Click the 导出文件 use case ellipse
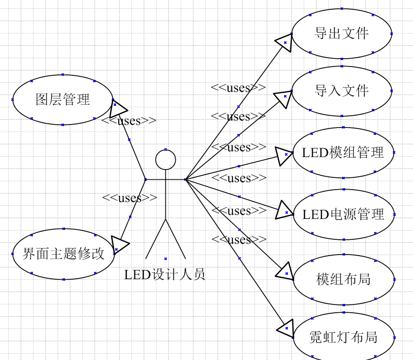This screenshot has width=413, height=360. pyautogui.click(x=342, y=33)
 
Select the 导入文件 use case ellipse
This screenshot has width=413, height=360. pyautogui.click(x=342, y=91)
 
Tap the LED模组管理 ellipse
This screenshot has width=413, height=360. pyautogui.click(x=343, y=153)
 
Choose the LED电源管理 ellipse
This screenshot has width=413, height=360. pyautogui.click(x=343, y=214)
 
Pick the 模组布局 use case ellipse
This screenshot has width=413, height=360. pyautogui.click(x=343, y=280)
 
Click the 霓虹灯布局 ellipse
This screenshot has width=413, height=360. pyautogui.click(x=343, y=337)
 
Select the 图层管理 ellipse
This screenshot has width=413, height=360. pyautogui.click(x=63, y=99)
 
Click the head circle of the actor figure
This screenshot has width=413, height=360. pyautogui.click(x=165, y=160)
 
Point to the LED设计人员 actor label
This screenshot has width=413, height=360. pyautogui.click(x=164, y=274)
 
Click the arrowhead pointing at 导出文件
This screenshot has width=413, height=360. pyautogui.click(x=284, y=42)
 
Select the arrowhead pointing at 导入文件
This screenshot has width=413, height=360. pyautogui.click(x=283, y=99)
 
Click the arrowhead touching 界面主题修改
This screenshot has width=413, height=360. pyautogui.click(x=120, y=244)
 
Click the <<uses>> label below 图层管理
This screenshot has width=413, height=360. pyautogui.click(x=129, y=121)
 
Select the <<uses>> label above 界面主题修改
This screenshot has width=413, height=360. pyautogui.click(x=129, y=198)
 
